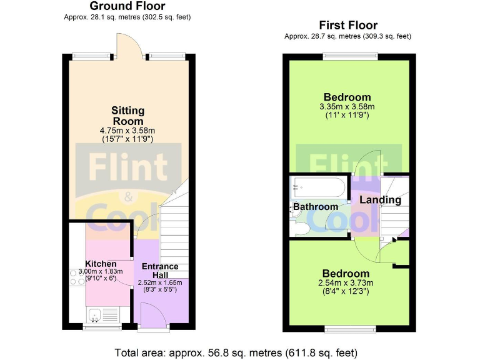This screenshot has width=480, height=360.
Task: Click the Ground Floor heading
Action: pos(127,6)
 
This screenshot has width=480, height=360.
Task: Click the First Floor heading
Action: pos(348,26)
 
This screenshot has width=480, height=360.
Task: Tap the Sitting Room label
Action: pos(127,116)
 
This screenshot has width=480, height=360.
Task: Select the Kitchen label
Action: pos(100,264)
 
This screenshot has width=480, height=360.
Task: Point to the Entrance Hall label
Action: pos(160,270)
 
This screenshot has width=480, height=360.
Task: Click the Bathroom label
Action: pos(316,207)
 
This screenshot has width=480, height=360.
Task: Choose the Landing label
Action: pos(381,200)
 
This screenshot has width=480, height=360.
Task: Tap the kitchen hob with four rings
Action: pos(77,277)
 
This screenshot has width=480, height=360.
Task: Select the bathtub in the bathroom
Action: pos(317,186)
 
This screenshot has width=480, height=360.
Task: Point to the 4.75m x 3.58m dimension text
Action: pos(127,130)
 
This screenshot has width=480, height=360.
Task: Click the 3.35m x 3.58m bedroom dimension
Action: pos(347,107)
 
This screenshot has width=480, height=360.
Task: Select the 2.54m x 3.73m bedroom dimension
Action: pos(346,283)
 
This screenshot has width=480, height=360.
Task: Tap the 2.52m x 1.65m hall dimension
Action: pos(160,282)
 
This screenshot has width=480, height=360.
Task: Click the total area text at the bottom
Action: pos(237,352)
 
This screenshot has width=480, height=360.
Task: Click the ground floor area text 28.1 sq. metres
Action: pos(127,17)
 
